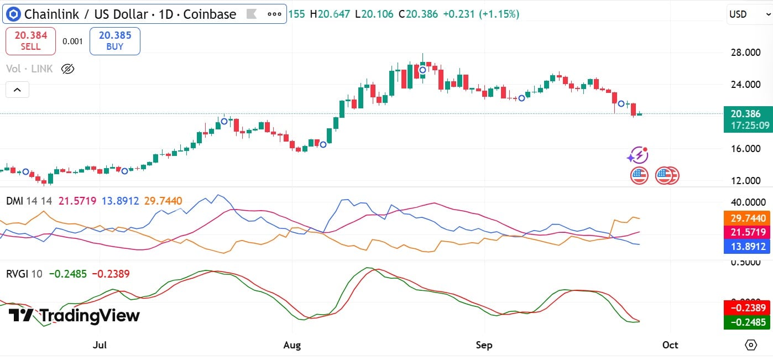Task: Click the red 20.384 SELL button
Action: coord(30,41)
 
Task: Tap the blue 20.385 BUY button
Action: coord(115,41)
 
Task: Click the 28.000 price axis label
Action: coord(741,53)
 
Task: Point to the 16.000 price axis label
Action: coord(741,149)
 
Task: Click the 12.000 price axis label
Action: coord(741,181)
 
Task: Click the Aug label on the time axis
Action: coord(292,345)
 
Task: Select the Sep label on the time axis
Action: coord(484,345)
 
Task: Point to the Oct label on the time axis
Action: coord(670,345)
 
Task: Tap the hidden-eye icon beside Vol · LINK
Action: coord(67,69)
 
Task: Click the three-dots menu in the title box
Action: coord(274,14)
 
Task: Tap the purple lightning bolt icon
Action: coord(638,155)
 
